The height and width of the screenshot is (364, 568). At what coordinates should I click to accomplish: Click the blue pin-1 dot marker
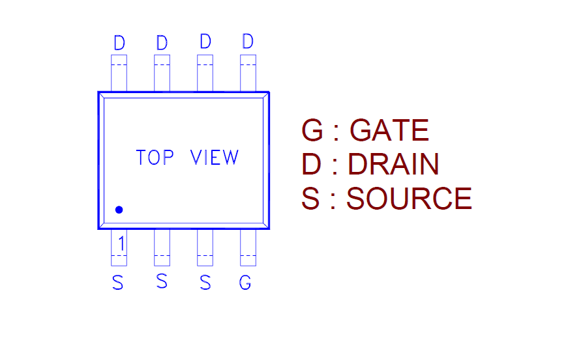[119, 210]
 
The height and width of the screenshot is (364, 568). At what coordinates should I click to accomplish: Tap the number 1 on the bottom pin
[121, 244]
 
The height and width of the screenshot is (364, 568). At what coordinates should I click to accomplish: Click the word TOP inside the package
[155, 158]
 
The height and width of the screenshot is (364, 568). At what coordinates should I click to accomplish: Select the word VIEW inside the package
[215, 158]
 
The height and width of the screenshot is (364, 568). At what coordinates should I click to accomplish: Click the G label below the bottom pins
[245, 283]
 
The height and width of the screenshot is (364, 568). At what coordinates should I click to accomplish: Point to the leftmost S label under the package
[117, 283]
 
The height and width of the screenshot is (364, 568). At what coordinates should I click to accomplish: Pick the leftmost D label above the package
[119, 44]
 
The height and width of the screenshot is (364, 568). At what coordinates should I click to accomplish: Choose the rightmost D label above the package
[247, 42]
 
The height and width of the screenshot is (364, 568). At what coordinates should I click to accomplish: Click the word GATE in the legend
[389, 131]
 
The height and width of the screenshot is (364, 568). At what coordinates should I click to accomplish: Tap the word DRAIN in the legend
[393, 165]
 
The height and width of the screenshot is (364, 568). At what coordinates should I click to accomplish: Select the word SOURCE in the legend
[409, 199]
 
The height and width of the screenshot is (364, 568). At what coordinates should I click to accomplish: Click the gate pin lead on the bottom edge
[248, 248]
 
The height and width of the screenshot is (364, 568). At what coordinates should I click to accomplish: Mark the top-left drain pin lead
[119, 73]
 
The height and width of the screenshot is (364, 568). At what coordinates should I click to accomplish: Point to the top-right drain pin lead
[248, 73]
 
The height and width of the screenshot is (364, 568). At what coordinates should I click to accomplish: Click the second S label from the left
[162, 282]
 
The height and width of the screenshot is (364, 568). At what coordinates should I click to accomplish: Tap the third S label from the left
[205, 283]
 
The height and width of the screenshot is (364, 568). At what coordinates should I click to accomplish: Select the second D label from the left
[162, 44]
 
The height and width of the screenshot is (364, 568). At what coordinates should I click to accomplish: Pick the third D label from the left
[205, 42]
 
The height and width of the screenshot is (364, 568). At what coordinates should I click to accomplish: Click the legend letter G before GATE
[312, 131]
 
